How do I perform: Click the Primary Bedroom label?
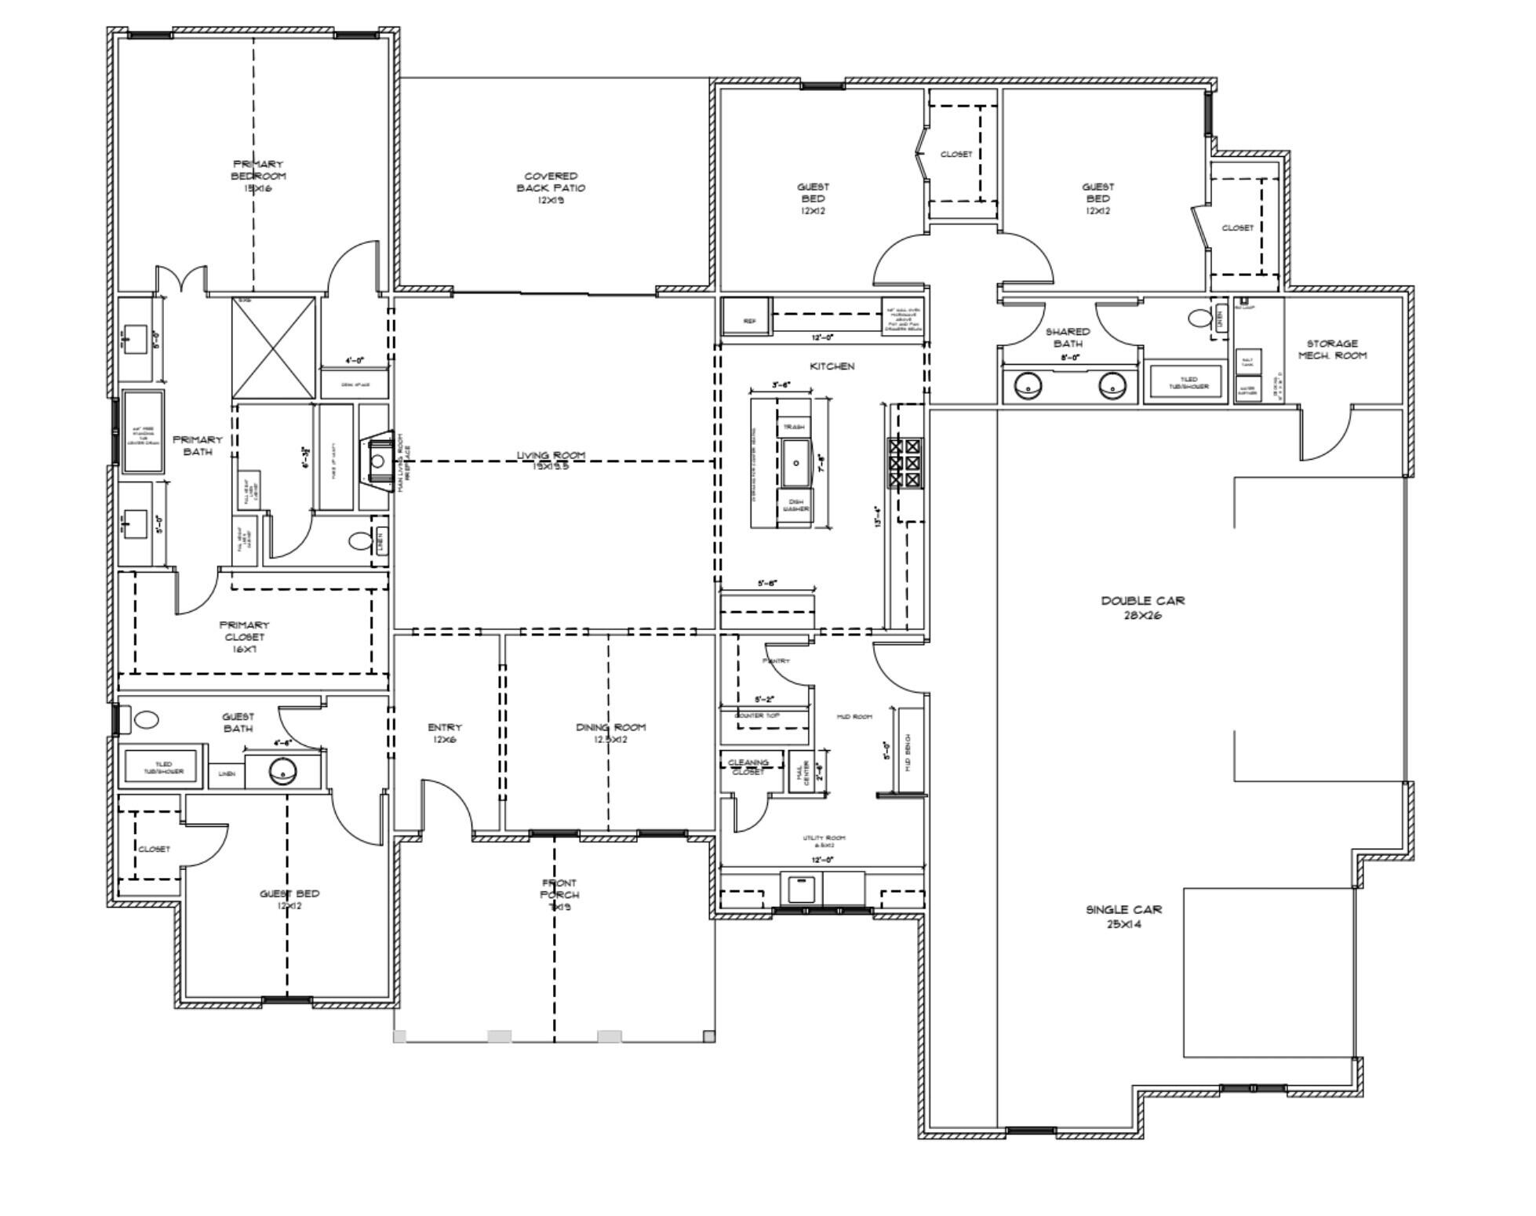click(x=258, y=176)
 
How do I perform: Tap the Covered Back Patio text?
click(x=551, y=187)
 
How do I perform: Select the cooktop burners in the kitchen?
click(x=904, y=464)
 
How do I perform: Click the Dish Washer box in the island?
click(x=795, y=504)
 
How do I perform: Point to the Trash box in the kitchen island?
click(x=794, y=427)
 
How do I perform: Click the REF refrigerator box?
click(x=748, y=320)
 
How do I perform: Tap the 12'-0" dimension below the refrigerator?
click(x=821, y=337)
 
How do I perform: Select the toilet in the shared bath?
click(x=1199, y=318)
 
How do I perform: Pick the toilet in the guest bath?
click(x=145, y=719)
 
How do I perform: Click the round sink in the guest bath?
click(x=282, y=772)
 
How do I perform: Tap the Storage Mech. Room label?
click(x=1332, y=349)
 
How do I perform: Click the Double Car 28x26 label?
click(x=1142, y=607)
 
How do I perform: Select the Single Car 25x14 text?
click(x=1123, y=916)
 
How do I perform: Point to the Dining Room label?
click(x=610, y=733)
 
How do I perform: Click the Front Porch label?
click(x=559, y=894)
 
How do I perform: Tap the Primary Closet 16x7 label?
click(x=244, y=636)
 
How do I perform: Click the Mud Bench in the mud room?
click(x=908, y=751)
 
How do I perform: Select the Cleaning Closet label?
click(x=748, y=766)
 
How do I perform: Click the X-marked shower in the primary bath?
click(x=274, y=348)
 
